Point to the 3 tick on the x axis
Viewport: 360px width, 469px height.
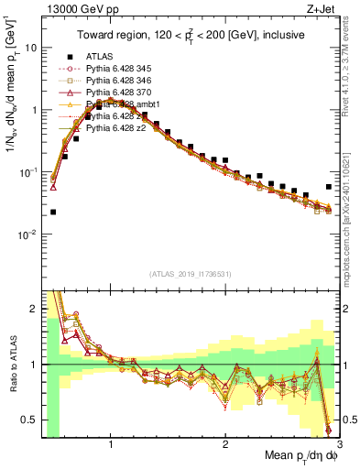click(x=339, y=443)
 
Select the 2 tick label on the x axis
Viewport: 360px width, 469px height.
click(x=225, y=443)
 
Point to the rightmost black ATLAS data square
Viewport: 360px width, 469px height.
click(x=329, y=187)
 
